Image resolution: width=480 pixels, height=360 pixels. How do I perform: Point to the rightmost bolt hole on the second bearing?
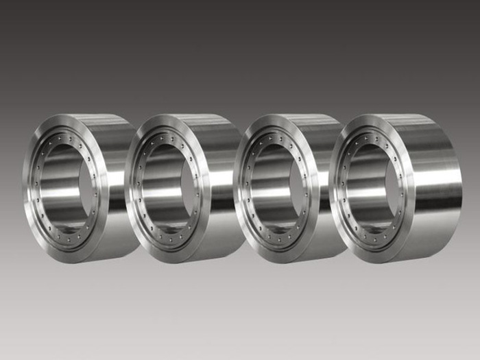coord(202,184)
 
